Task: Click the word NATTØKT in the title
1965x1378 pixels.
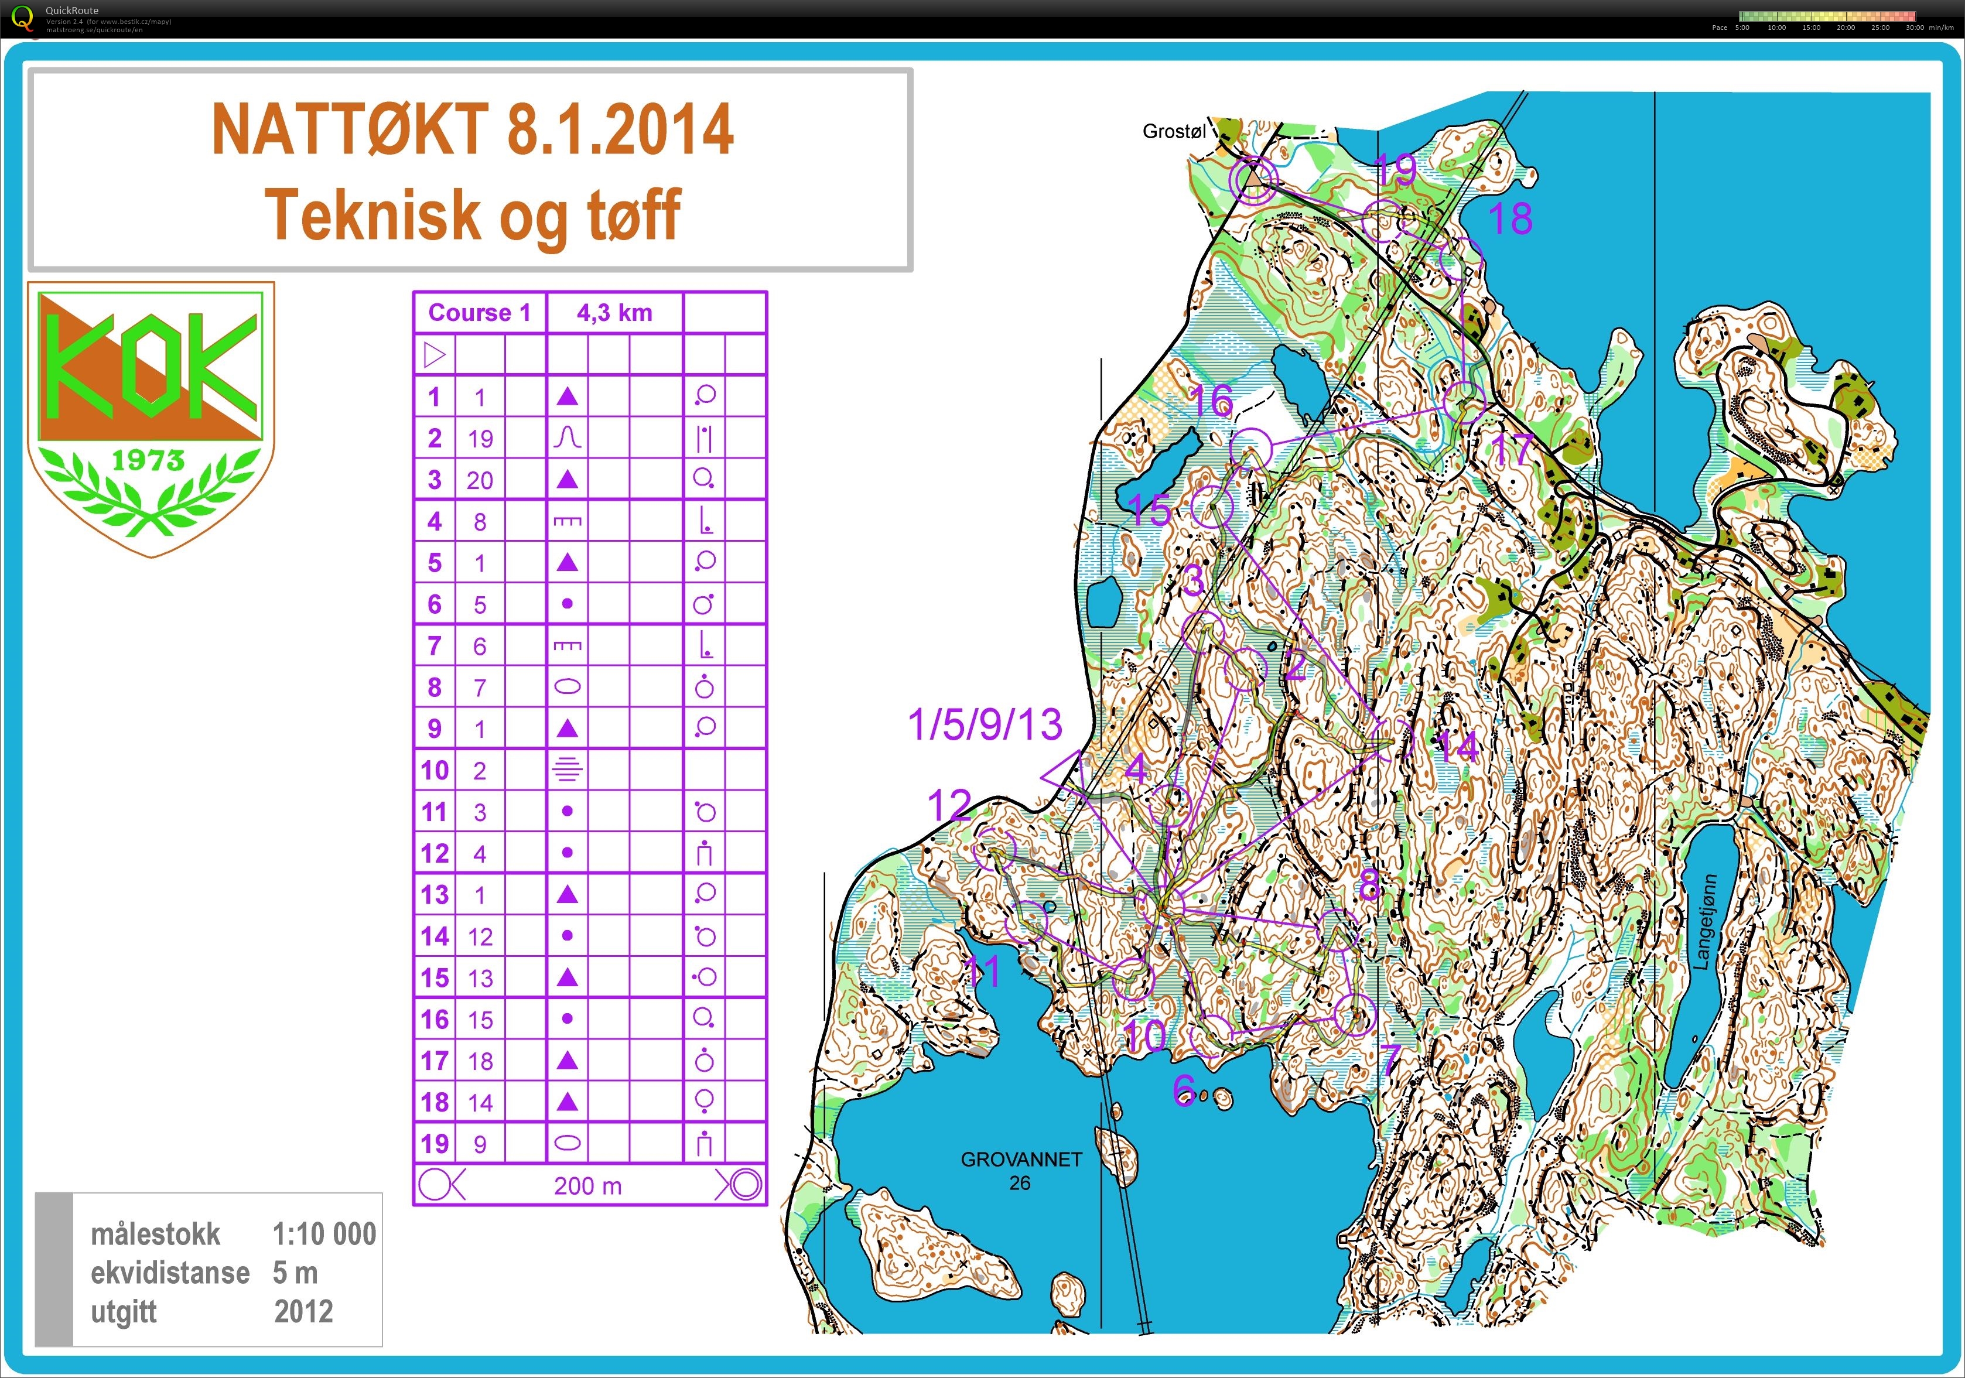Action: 349,130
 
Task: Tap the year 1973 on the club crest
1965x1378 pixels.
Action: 148,460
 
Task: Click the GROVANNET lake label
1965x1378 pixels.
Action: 1021,1160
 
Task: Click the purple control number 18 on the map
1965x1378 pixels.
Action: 1510,219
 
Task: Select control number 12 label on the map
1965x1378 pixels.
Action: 949,805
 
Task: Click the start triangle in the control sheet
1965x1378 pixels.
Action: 435,354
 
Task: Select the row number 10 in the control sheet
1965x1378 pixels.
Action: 435,770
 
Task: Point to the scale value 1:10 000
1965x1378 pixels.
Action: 323,1234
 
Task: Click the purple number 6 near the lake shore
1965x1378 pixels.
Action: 1184,1089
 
